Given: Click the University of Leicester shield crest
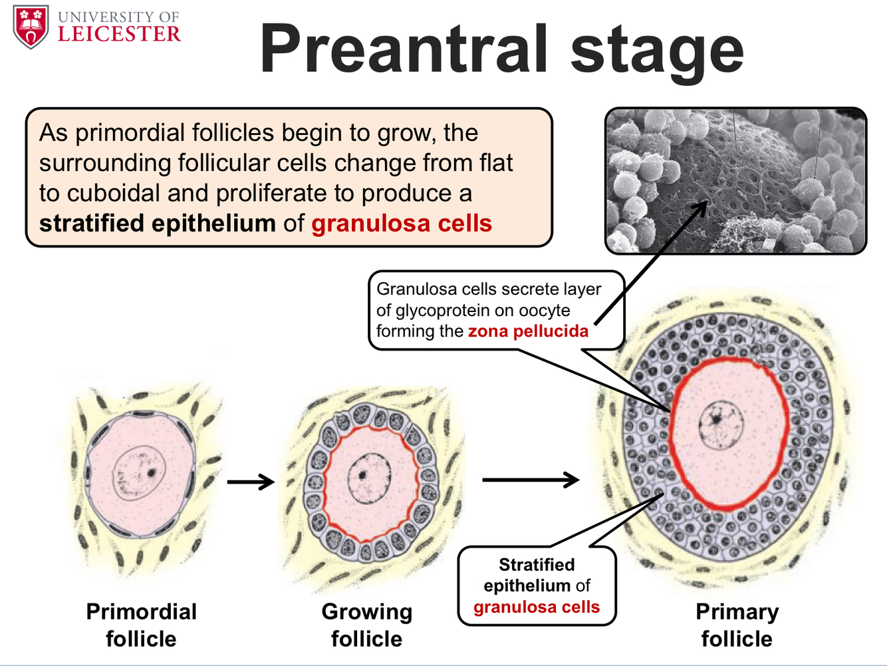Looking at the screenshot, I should click(x=31, y=27).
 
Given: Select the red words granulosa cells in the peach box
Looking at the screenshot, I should click(x=402, y=224).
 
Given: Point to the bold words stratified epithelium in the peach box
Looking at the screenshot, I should click(x=157, y=224).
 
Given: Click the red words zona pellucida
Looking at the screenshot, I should click(x=528, y=331).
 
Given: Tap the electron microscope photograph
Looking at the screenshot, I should click(x=735, y=181).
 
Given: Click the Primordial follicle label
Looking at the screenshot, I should click(x=141, y=625).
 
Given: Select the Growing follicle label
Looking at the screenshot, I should click(x=366, y=625).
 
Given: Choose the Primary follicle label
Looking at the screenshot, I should click(x=737, y=625).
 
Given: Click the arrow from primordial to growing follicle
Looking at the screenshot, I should click(x=251, y=481).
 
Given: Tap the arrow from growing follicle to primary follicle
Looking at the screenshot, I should click(x=530, y=479).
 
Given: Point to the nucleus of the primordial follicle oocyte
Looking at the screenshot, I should click(x=139, y=473).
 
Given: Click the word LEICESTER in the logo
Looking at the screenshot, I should click(x=119, y=35).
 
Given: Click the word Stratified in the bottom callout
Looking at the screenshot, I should click(x=537, y=565).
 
